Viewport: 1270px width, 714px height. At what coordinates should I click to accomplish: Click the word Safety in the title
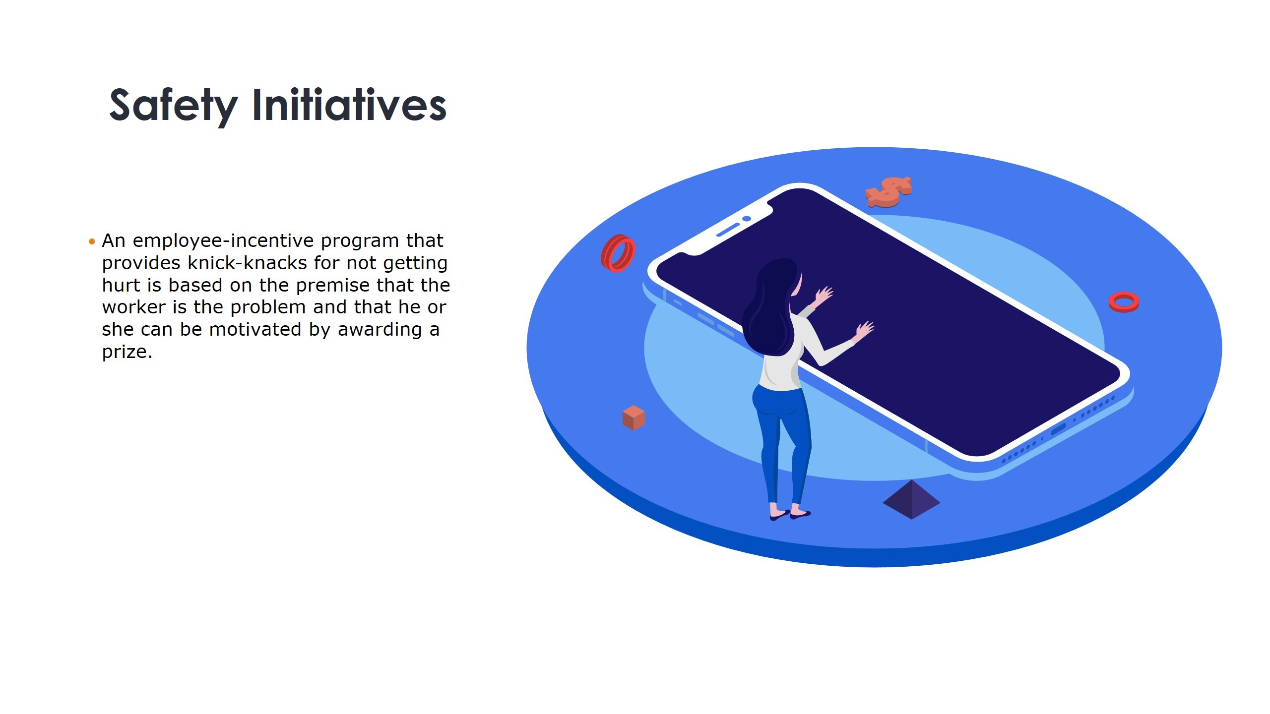173,105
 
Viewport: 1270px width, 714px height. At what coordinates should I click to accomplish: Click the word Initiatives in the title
350,104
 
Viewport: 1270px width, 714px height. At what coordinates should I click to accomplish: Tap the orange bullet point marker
91,242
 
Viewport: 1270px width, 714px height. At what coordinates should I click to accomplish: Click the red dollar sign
888,192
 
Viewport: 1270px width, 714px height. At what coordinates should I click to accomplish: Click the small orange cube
634,417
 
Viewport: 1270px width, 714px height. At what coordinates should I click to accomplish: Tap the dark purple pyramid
911,500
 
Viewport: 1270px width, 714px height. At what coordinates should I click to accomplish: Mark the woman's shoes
790,515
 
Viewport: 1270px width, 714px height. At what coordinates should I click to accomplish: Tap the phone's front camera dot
747,219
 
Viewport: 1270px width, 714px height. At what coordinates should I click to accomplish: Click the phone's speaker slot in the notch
728,230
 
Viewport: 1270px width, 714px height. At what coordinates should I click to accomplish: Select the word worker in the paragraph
134,307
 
